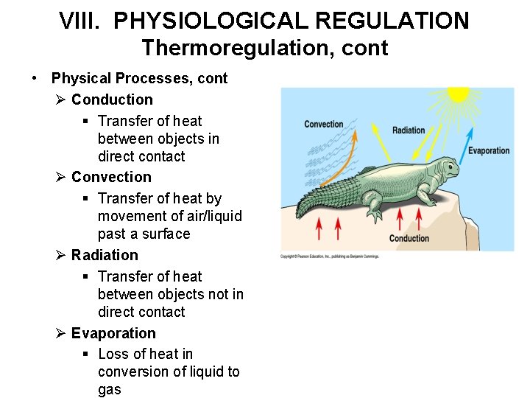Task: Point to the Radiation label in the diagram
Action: tap(409, 130)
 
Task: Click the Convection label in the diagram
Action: tap(324, 125)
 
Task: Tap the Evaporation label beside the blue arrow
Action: tap(489, 150)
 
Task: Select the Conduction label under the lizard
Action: tap(409, 238)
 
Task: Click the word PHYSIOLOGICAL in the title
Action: tap(210, 21)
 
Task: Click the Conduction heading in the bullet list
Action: tap(112, 99)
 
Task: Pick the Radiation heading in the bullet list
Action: tap(105, 255)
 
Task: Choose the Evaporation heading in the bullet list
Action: tap(113, 333)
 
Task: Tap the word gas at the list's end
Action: tap(110, 389)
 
